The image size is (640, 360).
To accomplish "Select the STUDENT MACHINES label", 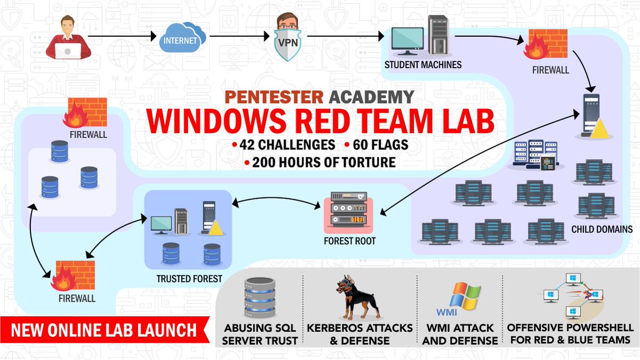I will (423, 65).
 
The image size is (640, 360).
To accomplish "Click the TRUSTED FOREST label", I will (189, 278).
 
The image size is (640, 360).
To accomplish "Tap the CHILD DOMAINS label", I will (602, 229).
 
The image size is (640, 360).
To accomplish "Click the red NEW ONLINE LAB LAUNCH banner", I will (104, 330).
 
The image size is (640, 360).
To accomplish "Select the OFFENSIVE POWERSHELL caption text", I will (570, 333).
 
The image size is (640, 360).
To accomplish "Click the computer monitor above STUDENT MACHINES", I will (407, 41).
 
